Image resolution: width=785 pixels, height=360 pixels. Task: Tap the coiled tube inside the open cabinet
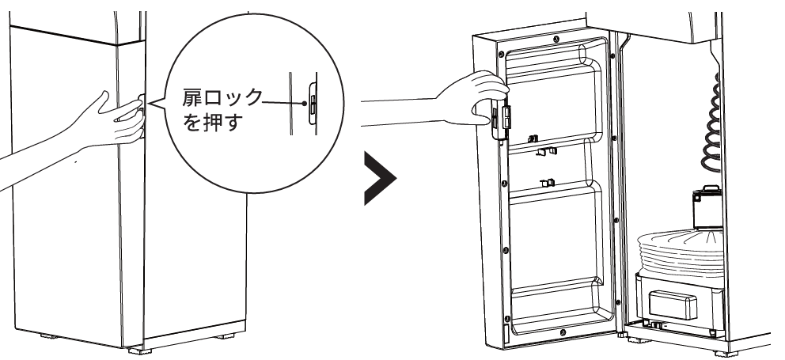point(710,135)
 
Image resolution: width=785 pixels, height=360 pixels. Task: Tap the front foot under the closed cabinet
point(138,346)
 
